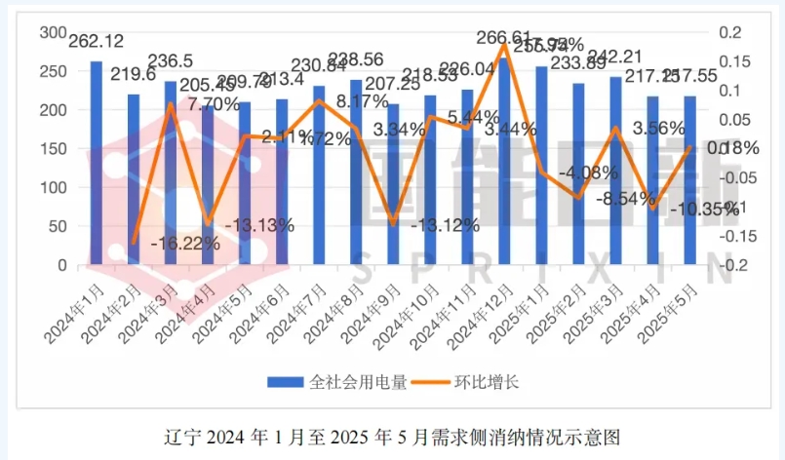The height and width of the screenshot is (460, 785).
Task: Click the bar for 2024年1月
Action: [x=96, y=163]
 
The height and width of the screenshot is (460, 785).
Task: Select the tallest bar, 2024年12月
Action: [x=504, y=161]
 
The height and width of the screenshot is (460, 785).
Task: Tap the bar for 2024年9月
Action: [x=393, y=184]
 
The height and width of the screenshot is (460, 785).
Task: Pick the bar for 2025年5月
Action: [x=689, y=180]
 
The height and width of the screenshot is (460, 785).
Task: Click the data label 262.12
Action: [x=97, y=41]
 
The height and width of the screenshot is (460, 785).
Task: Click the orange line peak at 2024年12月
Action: [x=504, y=44]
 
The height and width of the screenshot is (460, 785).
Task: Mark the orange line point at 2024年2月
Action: [x=134, y=244]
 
